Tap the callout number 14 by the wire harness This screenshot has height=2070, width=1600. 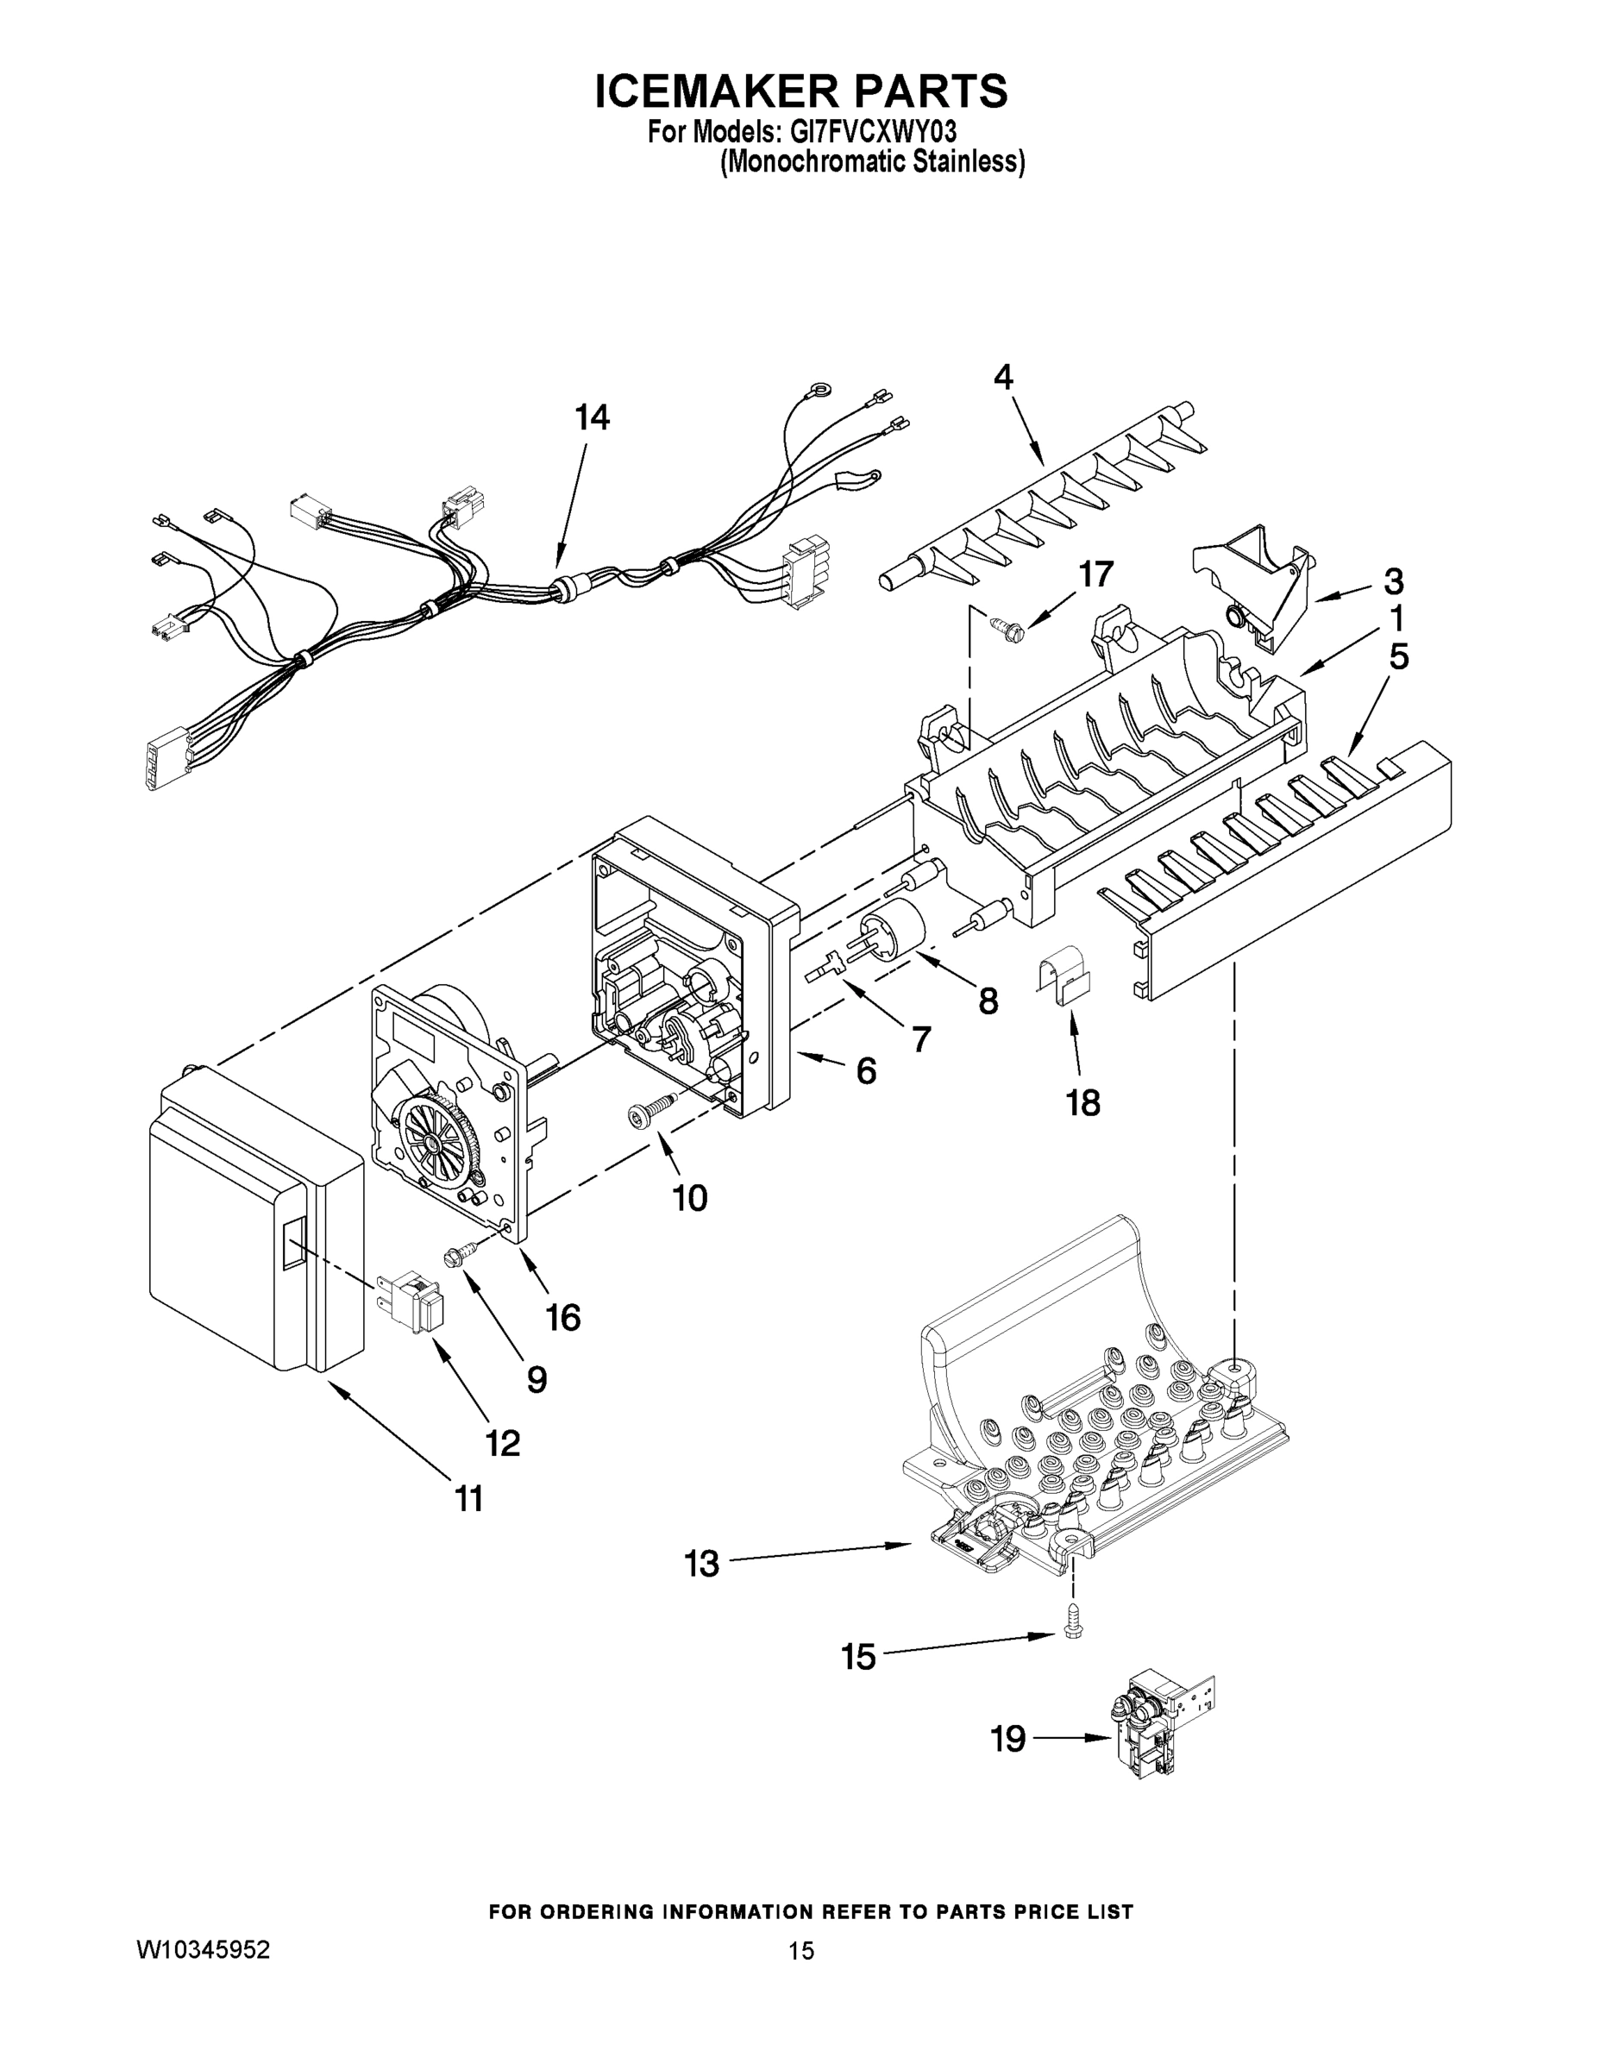(x=593, y=417)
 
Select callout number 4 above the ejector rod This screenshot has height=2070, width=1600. (x=1003, y=377)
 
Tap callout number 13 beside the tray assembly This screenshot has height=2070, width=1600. (x=701, y=1564)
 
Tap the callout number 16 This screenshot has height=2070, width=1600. (x=563, y=1317)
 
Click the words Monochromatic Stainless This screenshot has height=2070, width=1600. (x=872, y=163)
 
